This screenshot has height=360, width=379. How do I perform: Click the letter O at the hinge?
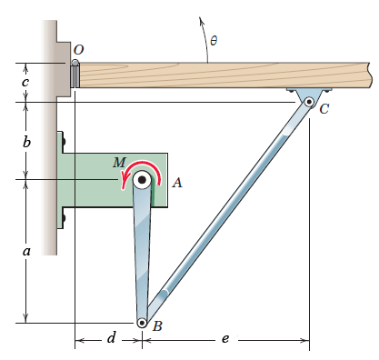pos(78,50)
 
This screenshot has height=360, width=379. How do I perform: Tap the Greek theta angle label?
pos(214,40)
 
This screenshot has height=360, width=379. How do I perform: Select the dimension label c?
pos(25,82)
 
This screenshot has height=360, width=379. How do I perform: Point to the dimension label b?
pos(26,142)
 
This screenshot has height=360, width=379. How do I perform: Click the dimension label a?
pos(26,251)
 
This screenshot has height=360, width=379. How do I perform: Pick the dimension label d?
pos(112,337)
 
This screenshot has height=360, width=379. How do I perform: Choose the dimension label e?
pos(225,338)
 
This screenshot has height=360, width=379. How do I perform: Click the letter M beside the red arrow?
pos(119,163)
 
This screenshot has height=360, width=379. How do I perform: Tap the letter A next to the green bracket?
pos(177,183)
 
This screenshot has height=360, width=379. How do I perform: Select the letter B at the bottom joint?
pos(157,326)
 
